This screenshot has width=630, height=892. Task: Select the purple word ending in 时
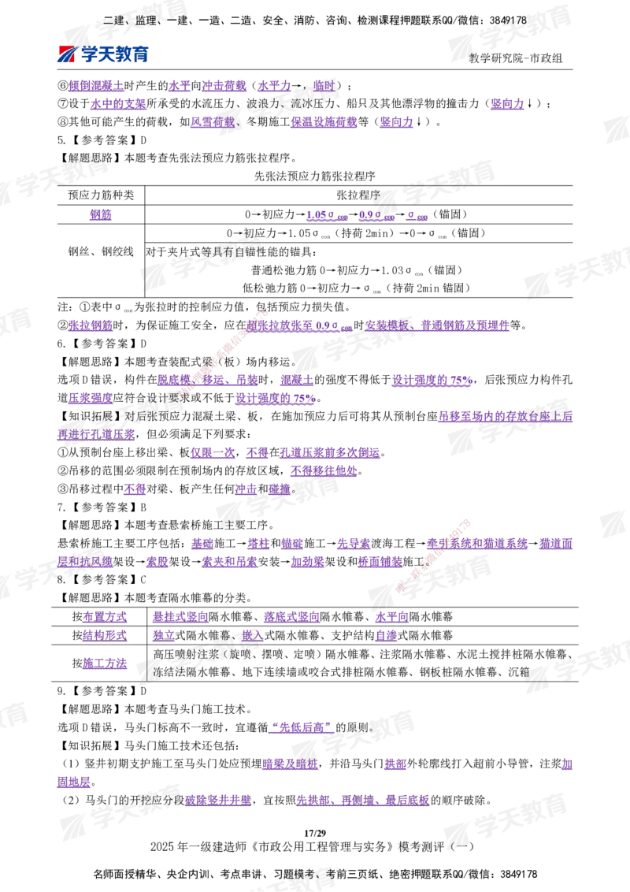click(x=323, y=86)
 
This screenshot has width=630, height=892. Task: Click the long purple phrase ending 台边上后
click(x=505, y=417)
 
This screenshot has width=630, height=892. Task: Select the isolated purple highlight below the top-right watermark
click(x=507, y=105)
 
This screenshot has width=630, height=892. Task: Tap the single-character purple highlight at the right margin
click(x=568, y=764)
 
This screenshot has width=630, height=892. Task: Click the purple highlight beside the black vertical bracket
click(x=106, y=664)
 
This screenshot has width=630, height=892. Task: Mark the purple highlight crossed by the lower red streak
click(x=476, y=544)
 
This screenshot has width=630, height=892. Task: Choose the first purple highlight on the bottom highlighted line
click(x=218, y=800)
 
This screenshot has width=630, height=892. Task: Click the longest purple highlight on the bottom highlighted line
click(x=362, y=800)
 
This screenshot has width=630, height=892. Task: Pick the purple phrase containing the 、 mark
click(x=437, y=325)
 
